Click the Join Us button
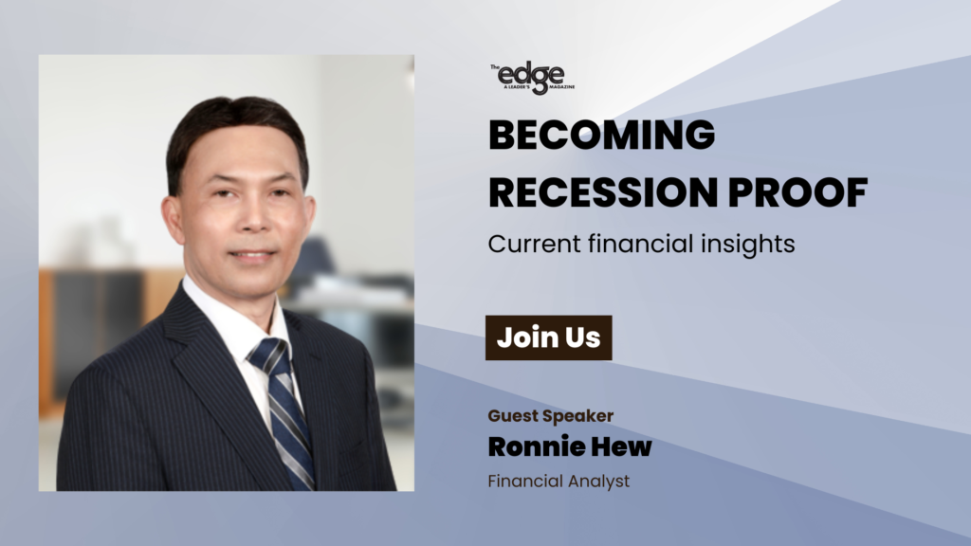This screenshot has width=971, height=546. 549,338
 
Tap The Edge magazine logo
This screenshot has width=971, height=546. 533,78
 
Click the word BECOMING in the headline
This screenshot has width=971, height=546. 601,135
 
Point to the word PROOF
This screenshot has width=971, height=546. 797,191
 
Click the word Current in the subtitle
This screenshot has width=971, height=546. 535,244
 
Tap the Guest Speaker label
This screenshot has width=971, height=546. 551,416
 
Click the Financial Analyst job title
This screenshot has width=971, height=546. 559,482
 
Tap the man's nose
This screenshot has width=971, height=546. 252,217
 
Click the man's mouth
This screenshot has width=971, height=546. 251,254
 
